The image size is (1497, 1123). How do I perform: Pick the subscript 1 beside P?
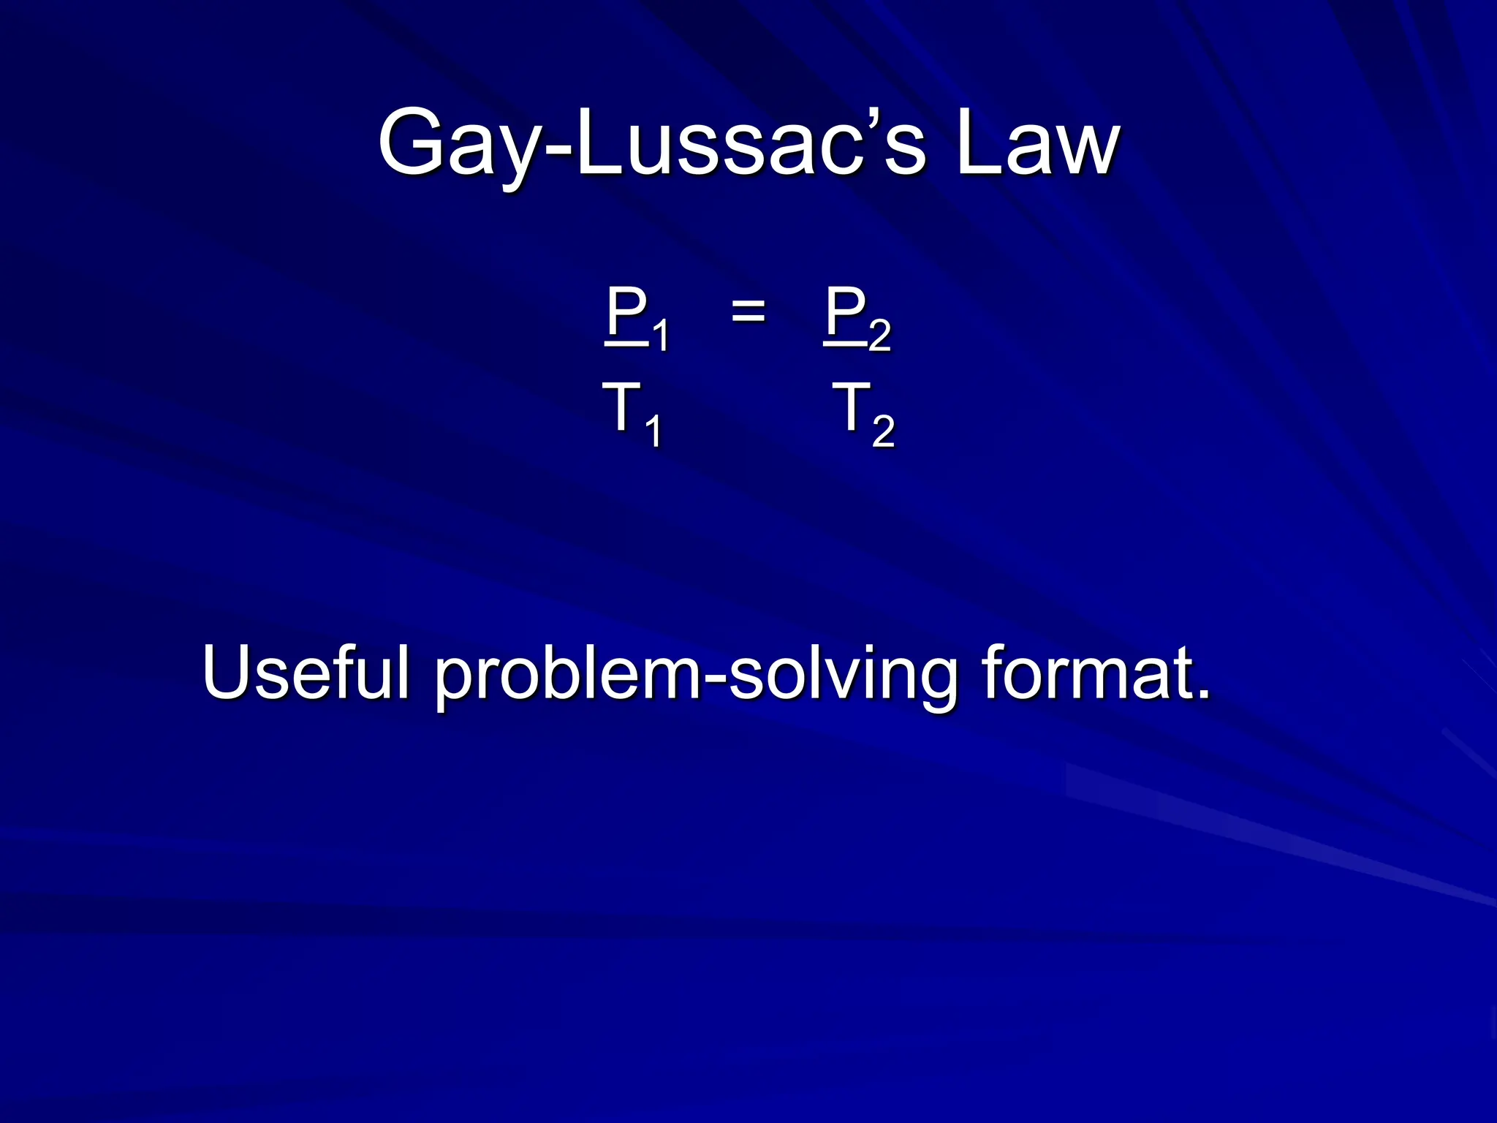(x=660, y=336)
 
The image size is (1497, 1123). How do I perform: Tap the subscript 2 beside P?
(x=880, y=336)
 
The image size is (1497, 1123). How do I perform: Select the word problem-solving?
(x=695, y=676)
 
